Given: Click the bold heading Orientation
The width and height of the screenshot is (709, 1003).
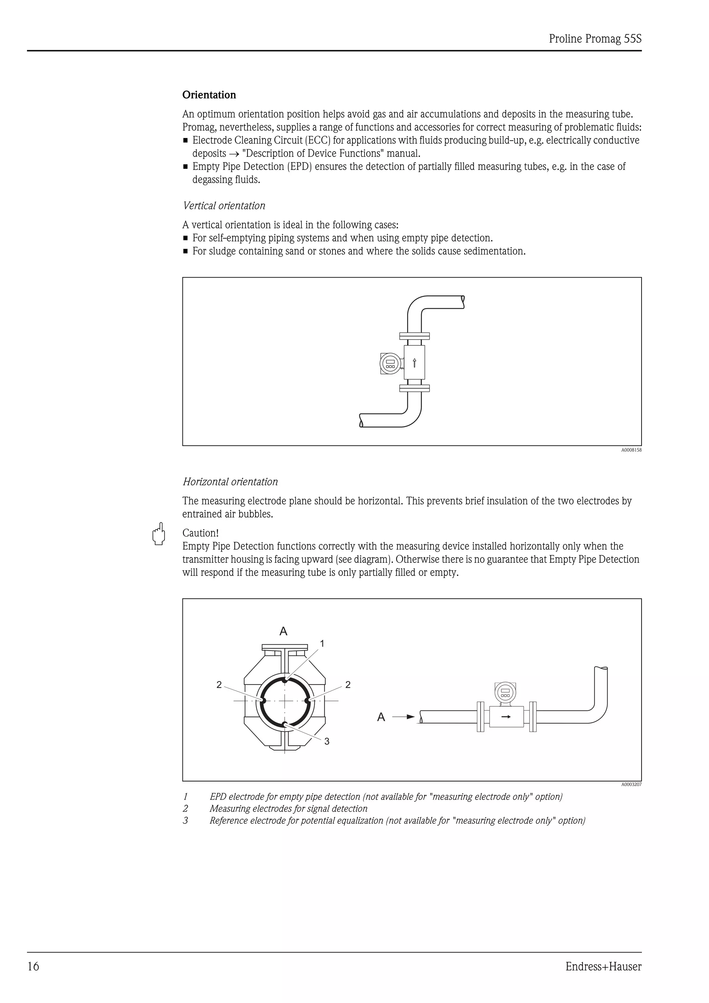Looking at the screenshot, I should (209, 95).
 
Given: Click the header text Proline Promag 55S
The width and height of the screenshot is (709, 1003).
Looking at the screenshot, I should (595, 39).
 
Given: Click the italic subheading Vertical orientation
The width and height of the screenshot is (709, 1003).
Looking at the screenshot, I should (224, 206).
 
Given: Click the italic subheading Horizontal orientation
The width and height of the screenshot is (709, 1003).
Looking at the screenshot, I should (230, 481).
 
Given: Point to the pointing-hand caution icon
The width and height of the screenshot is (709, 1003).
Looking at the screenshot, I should (159, 534).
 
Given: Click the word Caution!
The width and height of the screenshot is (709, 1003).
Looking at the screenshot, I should (200, 533).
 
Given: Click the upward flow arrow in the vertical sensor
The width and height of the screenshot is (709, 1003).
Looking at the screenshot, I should (415, 363).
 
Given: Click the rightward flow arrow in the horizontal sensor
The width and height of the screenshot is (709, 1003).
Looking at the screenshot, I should (506, 717).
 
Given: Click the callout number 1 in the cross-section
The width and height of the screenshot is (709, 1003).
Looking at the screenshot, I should (322, 643).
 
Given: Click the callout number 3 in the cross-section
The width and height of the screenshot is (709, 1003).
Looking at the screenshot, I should (327, 741).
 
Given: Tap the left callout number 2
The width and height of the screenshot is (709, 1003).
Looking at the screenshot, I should (219, 685).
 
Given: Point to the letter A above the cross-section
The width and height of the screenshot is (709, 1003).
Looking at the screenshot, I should (284, 631).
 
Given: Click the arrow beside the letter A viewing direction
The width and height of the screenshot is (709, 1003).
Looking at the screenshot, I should (403, 717).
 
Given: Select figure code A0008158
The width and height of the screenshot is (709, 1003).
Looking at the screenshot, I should (631, 450).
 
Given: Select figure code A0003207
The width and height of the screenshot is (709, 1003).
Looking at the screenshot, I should (631, 785).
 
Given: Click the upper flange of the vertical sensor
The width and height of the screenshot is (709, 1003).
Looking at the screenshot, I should (415, 336).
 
